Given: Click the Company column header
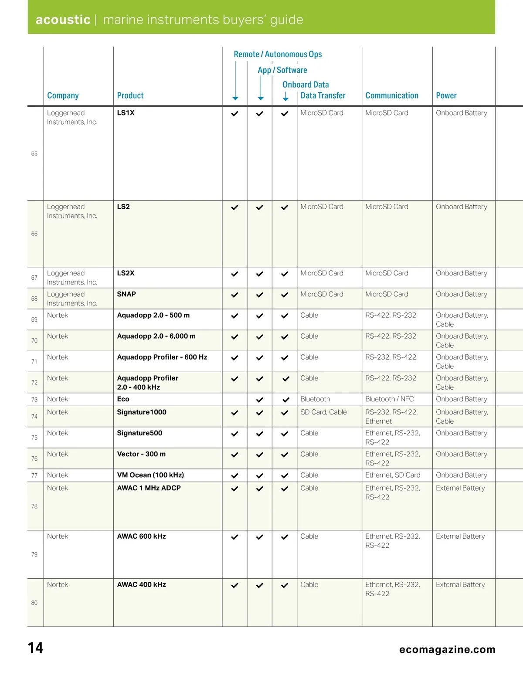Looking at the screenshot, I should (x=63, y=95).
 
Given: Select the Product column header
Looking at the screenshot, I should (x=130, y=95).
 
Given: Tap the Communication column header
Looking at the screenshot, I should (x=391, y=95).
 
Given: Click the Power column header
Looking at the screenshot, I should (x=446, y=95).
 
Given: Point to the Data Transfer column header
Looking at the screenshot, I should (x=323, y=95).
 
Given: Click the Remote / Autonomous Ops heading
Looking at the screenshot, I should (x=278, y=54).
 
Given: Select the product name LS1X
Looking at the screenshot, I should (x=126, y=113).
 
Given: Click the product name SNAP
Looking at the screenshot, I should (x=126, y=294).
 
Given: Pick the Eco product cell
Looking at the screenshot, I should (x=123, y=399).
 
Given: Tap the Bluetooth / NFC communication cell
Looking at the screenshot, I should (x=389, y=399).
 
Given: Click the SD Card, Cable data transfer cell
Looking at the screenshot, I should (x=323, y=412).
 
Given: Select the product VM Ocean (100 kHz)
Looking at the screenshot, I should (x=150, y=475).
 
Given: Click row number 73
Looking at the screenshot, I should (x=34, y=400).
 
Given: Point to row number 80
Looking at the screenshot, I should (x=34, y=603).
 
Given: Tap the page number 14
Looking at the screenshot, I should (x=35, y=648).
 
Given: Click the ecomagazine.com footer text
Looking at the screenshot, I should (x=447, y=649).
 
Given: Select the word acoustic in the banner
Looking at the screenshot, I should (x=63, y=20).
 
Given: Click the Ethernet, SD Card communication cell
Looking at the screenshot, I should (x=393, y=475).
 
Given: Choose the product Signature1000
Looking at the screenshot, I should (x=142, y=412).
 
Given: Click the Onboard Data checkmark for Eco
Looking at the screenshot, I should (x=286, y=400).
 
